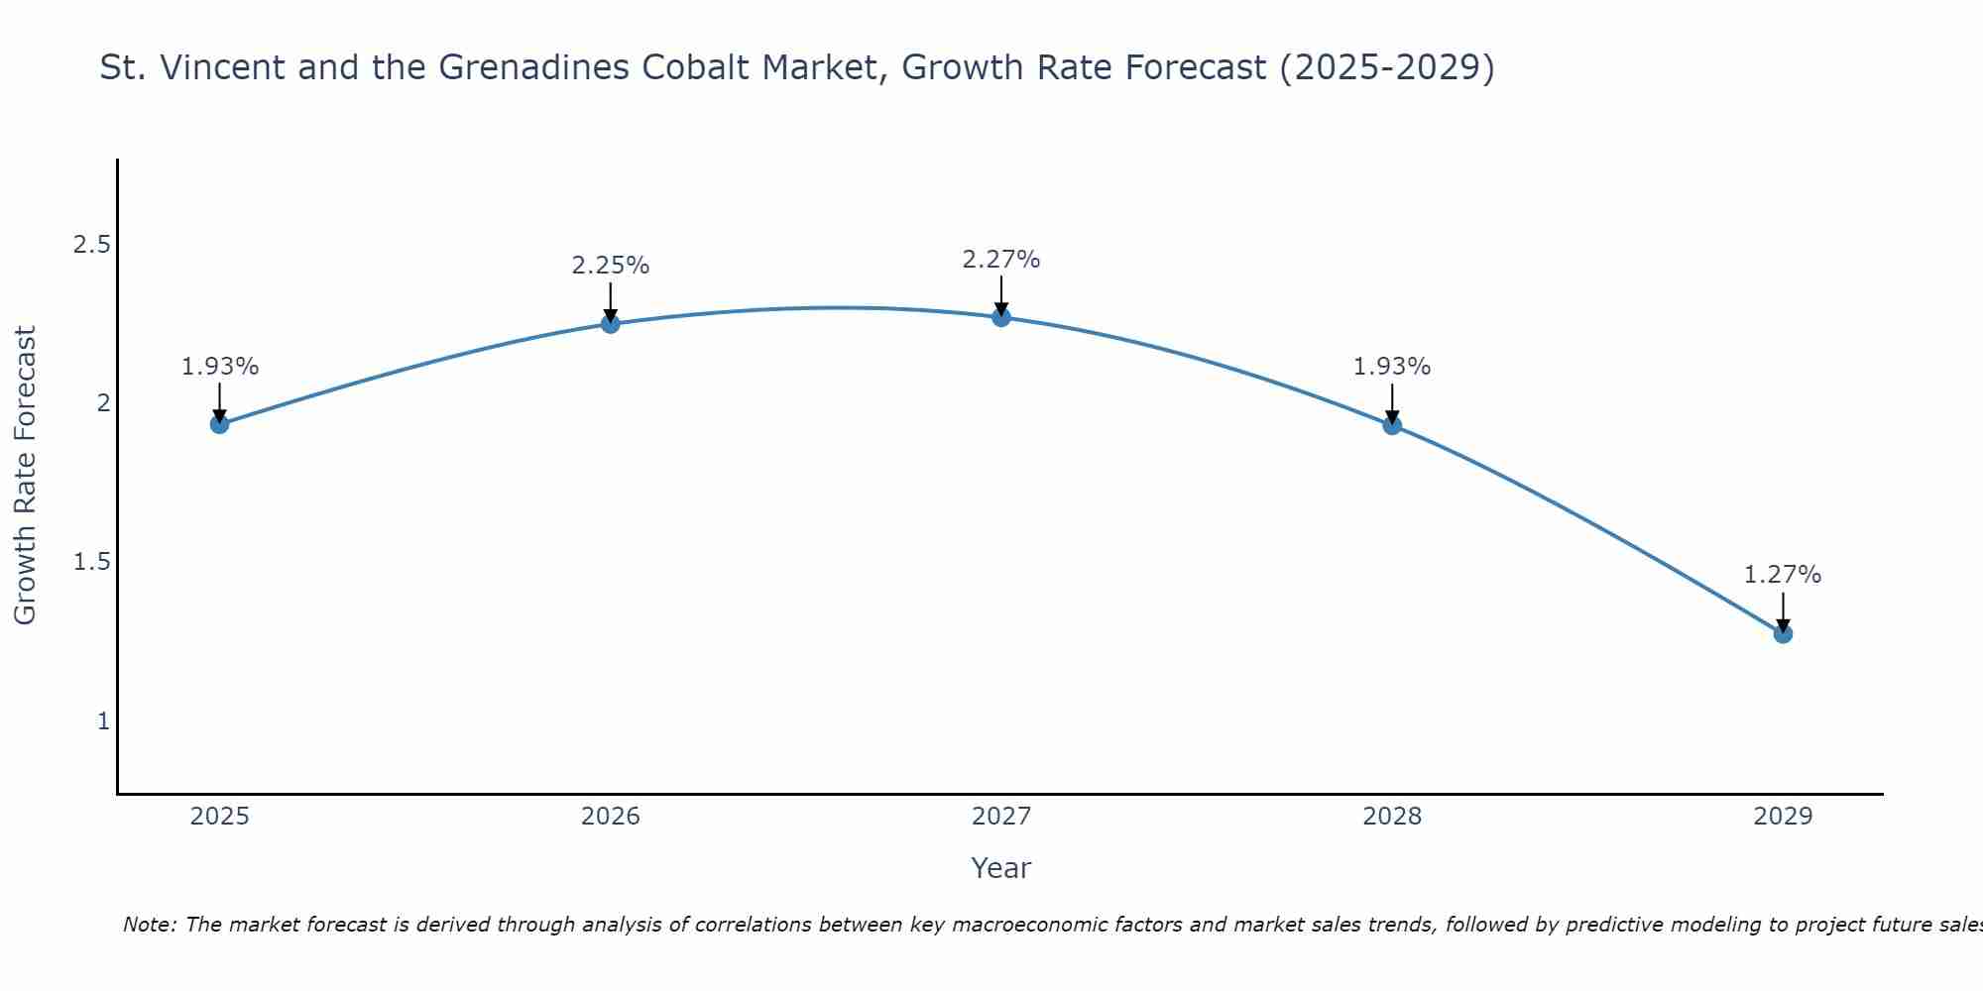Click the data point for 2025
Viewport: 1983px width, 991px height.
[x=219, y=424]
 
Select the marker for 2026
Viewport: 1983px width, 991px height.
[x=610, y=323]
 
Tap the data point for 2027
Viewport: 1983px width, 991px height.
[x=1001, y=317]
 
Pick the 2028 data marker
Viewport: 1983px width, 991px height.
[x=1392, y=425]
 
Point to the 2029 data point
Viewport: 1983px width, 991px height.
[x=1783, y=633]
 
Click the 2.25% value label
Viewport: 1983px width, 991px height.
[x=610, y=266]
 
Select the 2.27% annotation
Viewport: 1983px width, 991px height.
[x=1001, y=260]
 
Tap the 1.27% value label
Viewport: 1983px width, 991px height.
[x=1783, y=575]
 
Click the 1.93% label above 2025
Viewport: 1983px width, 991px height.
[x=219, y=367]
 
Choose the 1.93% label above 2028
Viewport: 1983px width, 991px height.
[x=1392, y=367]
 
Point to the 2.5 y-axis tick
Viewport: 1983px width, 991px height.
[x=91, y=244]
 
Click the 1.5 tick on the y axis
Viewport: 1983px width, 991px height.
[x=91, y=562]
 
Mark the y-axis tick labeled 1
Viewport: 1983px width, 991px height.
[x=103, y=720]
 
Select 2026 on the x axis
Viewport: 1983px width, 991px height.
[x=610, y=817]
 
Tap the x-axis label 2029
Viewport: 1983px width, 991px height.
[x=1783, y=817]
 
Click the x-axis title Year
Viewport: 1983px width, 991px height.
[x=1001, y=868]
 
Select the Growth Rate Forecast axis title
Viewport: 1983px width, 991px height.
[x=25, y=476]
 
